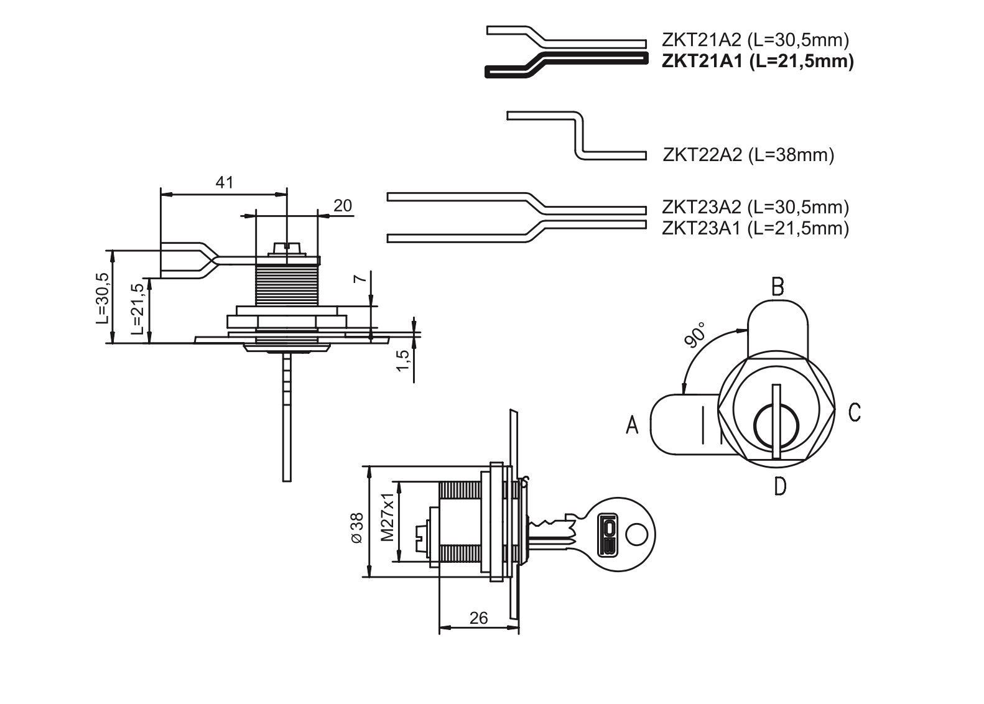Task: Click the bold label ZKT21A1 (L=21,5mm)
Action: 757,62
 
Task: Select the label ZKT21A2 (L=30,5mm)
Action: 756,40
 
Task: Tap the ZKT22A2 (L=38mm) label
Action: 748,154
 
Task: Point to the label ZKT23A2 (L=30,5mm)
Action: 756,206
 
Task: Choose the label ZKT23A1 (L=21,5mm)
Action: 756,228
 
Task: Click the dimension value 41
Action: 224,182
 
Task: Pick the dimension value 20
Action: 343,205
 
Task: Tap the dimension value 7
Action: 359,279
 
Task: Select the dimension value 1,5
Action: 402,360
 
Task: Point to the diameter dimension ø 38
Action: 356,529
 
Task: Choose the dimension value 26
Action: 478,618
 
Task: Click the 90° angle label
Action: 695,335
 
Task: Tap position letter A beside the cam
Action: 632,425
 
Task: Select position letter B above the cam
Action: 777,287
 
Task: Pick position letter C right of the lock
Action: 854,412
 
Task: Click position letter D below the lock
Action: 780,486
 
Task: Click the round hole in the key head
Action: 636,533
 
